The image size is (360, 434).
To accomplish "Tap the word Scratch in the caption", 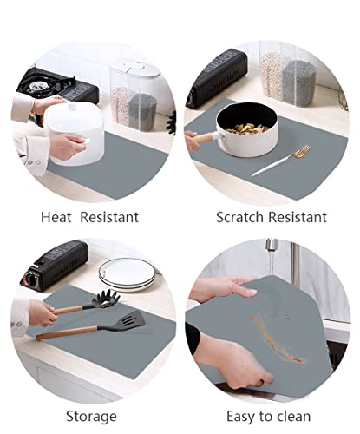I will coord(239,217).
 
